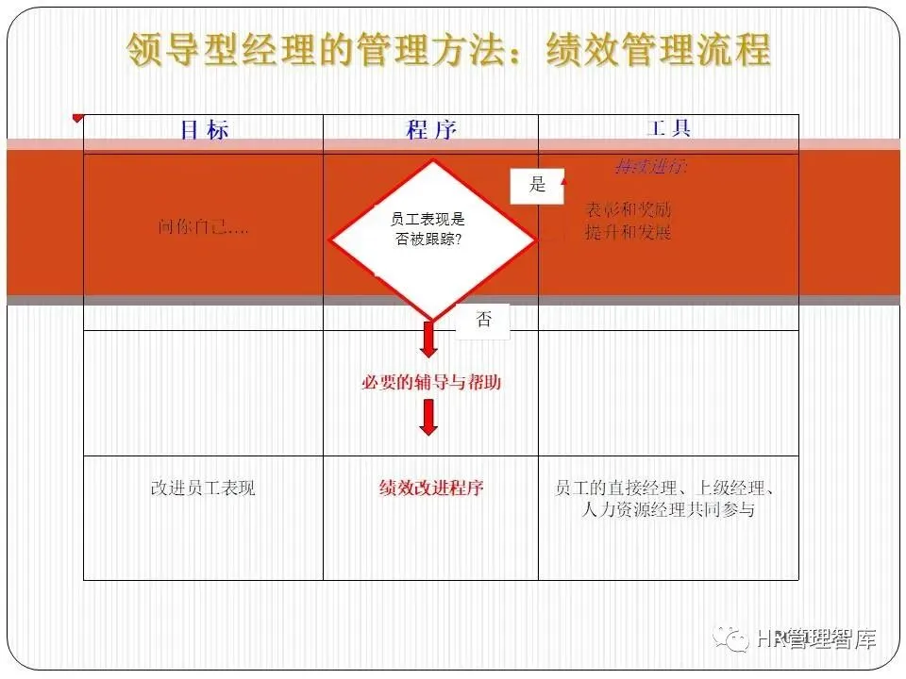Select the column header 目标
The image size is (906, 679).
coord(204,130)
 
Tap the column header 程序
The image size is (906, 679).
coord(430,130)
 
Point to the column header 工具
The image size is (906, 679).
coord(668,128)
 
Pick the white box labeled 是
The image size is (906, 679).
coord(537,185)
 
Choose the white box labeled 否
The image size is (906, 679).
coord(483,320)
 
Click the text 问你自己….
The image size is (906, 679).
coord(204,227)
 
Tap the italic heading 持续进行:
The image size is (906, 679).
coord(651,167)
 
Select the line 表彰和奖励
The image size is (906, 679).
coord(629,209)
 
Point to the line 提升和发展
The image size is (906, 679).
coord(629,232)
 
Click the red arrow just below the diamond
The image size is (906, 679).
coord(429,339)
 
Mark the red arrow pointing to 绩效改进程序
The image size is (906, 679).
coord(429,417)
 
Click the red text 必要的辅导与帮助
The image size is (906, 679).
coord(430,383)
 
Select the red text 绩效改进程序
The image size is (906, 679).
coord(431,488)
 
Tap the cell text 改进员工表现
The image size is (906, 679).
coord(203,488)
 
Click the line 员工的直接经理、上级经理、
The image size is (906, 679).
coord(665,488)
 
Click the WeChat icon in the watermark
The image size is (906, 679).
coord(732,639)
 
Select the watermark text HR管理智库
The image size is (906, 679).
coord(817,639)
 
